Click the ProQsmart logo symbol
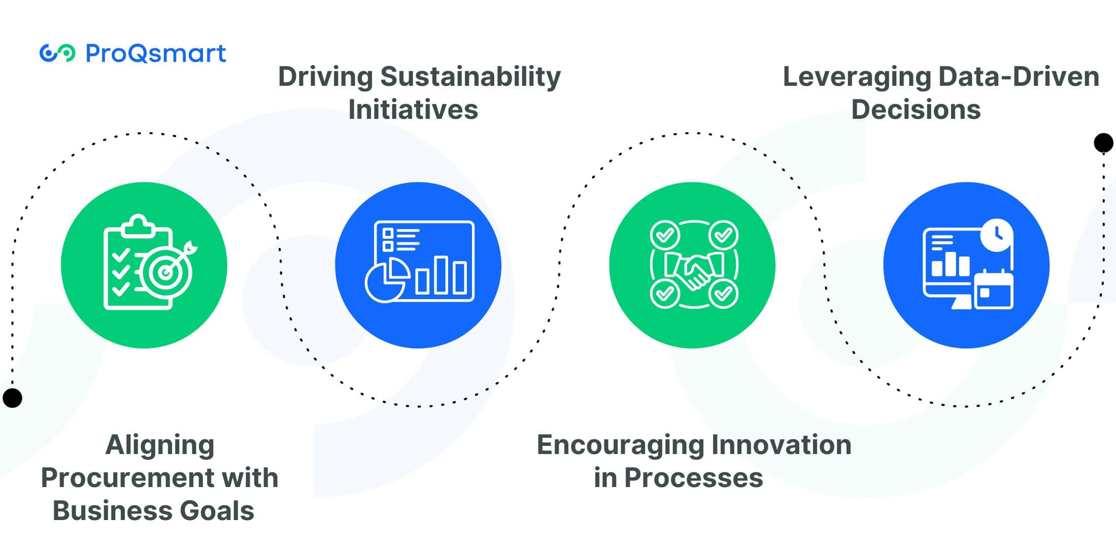pos(57,53)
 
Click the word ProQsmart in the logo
pos(156,53)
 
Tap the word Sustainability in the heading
pos(470,77)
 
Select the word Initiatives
pos(413,109)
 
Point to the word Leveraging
pos(857,77)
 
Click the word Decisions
pos(916,109)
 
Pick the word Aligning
pos(160,445)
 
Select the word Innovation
pos(782,444)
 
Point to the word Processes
pos(693,477)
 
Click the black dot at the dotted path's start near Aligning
pos(12,398)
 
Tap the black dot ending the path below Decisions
pos(1103,143)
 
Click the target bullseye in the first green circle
pos(166,272)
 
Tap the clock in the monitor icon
pos(997,235)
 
